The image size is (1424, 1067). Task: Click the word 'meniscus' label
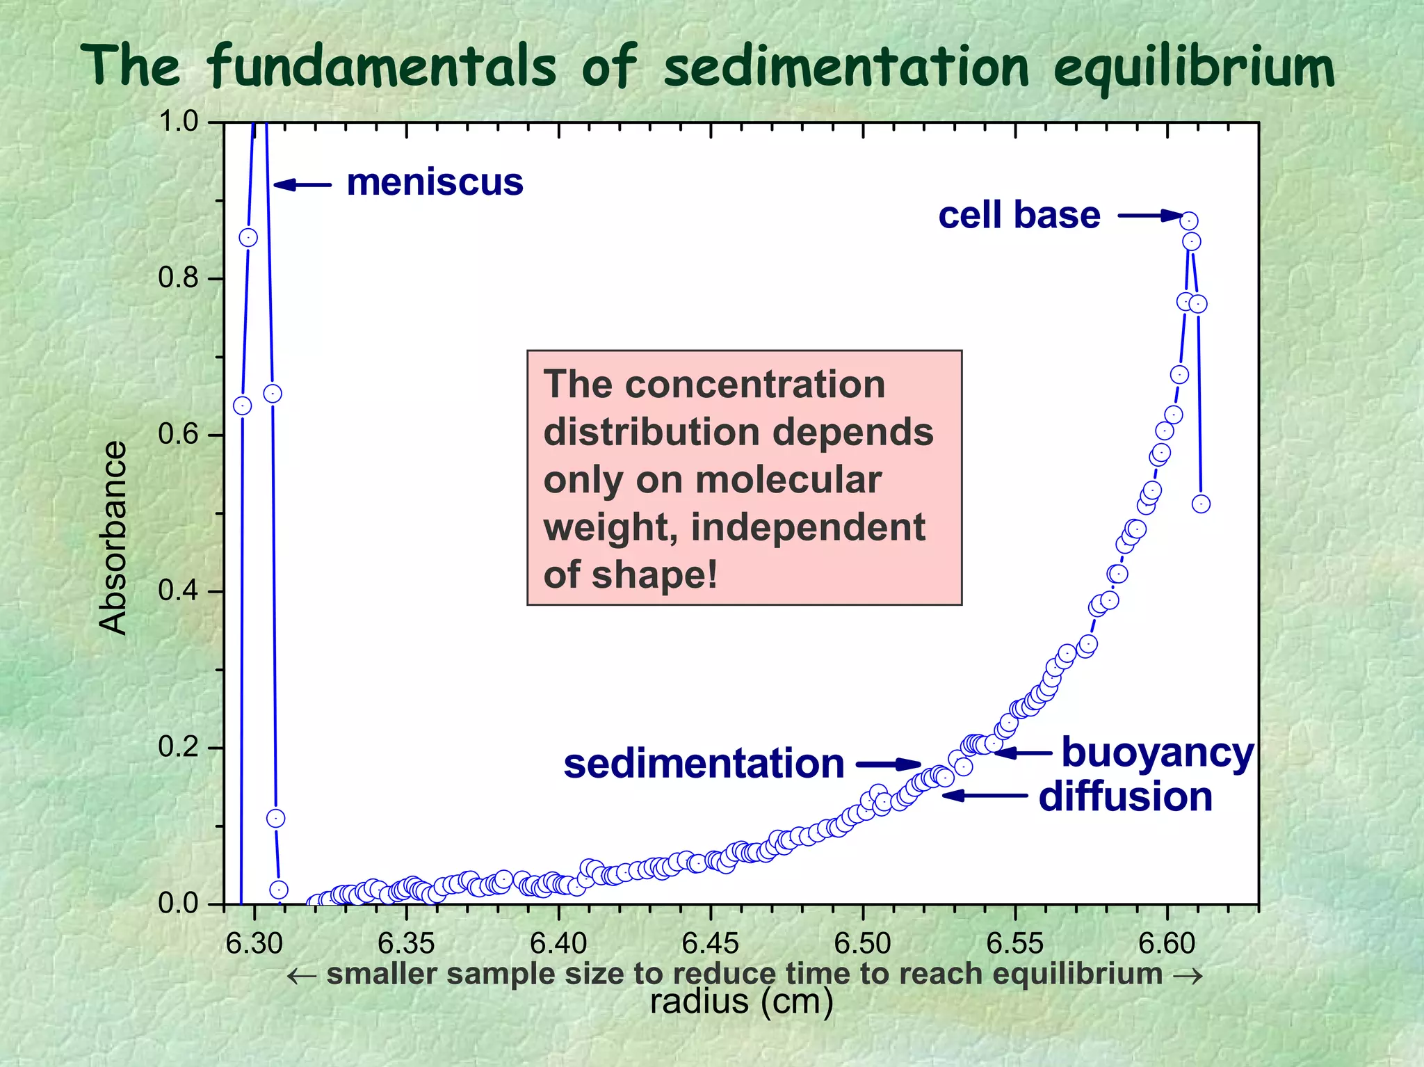435,183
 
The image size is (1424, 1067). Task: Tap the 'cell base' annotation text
1019,215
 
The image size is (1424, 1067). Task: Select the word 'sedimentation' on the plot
704,764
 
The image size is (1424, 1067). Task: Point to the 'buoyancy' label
1157,753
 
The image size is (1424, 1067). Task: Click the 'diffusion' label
1125,796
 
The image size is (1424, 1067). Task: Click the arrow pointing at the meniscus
302,184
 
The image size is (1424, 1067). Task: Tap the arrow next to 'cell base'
1149,216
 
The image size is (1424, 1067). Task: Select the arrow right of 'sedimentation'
889,764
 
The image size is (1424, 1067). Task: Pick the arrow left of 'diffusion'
984,795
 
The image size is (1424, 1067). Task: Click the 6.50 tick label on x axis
862,944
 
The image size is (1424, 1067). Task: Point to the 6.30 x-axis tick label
254,944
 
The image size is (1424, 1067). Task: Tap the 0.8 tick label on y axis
178,278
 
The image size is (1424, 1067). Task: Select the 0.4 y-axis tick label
178,591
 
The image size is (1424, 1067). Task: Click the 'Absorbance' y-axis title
113,537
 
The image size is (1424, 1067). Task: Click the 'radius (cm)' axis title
741,1002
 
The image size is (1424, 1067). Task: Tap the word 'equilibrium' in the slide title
1193,67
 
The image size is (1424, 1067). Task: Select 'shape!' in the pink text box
654,575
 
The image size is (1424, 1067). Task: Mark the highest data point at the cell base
1189,221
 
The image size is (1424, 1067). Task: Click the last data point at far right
1201,504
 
